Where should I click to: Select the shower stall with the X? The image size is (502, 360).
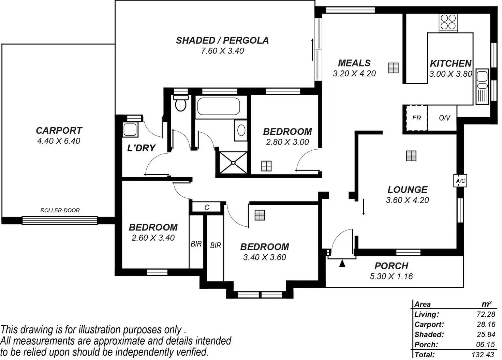point(233,163)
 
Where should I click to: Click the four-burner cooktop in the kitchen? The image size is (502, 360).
point(448,21)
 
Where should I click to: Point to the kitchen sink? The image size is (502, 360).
point(482,87)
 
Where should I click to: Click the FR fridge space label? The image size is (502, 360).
point(416,118)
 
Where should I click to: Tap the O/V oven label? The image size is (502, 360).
point(444,118)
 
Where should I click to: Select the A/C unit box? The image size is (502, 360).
point(460,181)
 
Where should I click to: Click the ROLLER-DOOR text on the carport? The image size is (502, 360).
point(60,210)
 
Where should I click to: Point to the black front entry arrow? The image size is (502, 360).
point(342,263)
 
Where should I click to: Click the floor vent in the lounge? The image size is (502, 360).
point(411,156)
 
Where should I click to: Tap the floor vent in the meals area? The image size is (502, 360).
point(394,68)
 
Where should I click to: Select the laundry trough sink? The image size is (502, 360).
point(130,130)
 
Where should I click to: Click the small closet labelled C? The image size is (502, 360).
point(207,207)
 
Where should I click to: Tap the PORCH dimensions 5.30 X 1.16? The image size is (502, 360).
point(391,276)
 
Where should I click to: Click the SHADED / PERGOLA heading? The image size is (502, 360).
point(222,41)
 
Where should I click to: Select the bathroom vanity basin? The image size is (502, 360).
point(241,130)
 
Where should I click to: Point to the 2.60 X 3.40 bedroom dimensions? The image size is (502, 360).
point(153,238)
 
